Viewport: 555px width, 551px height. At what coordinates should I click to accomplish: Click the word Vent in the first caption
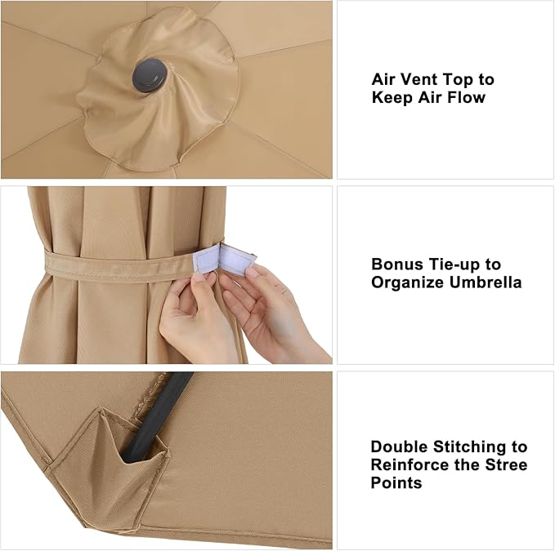(417, 79)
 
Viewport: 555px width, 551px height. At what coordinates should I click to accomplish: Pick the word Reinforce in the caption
(410, 464)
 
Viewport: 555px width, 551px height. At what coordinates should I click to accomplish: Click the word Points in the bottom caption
(396, 482)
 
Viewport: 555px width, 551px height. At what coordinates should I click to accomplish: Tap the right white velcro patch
(238, 260)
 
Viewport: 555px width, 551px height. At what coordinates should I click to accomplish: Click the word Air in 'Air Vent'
(383, 79)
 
